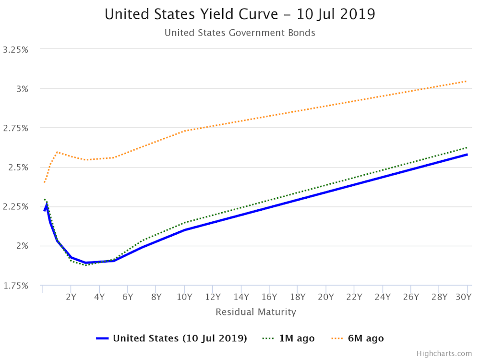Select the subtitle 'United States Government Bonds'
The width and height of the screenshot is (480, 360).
point(240,33)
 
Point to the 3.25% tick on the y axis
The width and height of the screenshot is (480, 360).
point(15,49)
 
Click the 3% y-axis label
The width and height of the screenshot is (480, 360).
point(22,89)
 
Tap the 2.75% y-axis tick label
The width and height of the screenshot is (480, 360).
point(15,128)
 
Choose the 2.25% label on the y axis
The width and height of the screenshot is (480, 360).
point(15,207)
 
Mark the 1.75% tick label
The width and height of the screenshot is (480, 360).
point(15,286)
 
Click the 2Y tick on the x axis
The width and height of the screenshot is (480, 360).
point(71,296)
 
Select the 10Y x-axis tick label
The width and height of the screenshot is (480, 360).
point(184,296)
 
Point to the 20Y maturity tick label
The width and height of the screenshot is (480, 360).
point(326,296)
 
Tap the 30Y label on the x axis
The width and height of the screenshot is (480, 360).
point(463,296)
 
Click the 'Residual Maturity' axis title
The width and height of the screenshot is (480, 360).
point(256,312)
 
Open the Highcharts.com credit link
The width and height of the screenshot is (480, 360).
point(444,353)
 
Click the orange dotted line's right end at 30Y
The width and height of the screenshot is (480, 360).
point(467,81)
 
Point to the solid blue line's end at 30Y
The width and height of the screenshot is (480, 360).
point(467,154)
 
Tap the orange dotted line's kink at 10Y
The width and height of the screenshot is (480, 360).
point(184,131)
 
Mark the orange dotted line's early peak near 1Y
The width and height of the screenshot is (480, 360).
point(57,152)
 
